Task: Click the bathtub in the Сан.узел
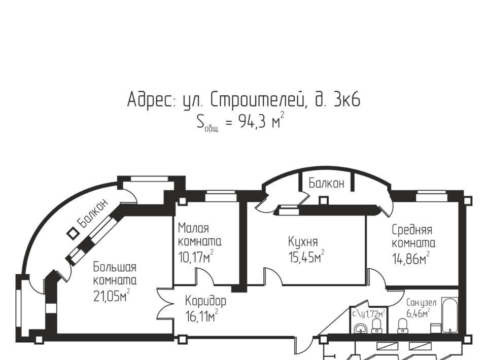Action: click(x=449, y=316)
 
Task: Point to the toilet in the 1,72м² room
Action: click(x=377, y=326)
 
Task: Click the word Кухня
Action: click(x=303, y=241)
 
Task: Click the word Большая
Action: click(x=114, y=267)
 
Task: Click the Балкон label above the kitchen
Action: click(x=326, y=183)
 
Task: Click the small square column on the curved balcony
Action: click(x=74, y=233)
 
